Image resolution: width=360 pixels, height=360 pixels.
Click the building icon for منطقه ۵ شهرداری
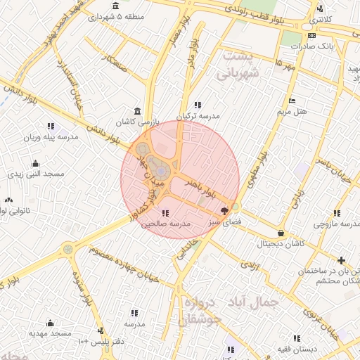[115, 6]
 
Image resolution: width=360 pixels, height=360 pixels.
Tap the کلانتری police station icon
[321, 9]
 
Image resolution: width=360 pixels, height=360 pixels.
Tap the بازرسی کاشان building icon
[136, 112]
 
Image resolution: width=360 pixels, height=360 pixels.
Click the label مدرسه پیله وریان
[49, 138]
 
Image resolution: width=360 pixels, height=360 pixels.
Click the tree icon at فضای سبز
[224, 210]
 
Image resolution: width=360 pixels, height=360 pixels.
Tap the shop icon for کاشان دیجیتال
[281, 233]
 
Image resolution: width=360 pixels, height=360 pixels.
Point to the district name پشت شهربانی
[239, 64]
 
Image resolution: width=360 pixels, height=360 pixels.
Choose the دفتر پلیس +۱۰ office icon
[101, 330]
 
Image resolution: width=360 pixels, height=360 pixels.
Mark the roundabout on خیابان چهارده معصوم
[67, 248]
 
